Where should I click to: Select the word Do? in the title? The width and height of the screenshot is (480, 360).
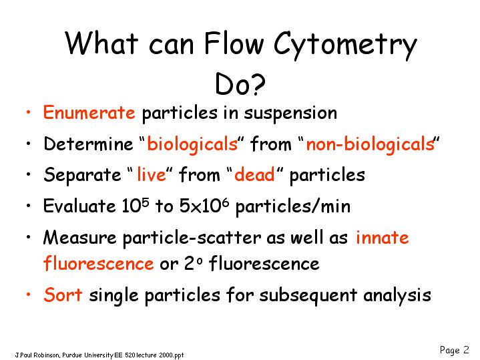pyautogui.click(x=240, y=83)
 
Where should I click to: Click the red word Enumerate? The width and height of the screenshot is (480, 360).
pyautogui.click(x=89, y=112)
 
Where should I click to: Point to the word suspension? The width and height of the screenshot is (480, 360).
pyautogui.click(x=290, y=114)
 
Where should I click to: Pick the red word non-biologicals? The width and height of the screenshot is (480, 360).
pyautogui.click(x=371, y=144)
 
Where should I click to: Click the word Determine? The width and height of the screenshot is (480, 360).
pyautogui.click(x=89, y=144)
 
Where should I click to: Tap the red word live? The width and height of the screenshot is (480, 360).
pyautogui.click(x=152, y=174)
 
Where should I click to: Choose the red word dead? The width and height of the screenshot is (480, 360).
pyautogui.click(x=254, y=174)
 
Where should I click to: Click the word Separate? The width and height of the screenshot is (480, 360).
pyautogui.click(x=82, y=175)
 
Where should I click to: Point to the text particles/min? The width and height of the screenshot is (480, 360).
pyautogui.click(x=293, y=206)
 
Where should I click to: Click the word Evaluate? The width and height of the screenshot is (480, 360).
pyautogui.click(x=79, y=205)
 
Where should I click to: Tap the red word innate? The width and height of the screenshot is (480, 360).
pyautogui.click(x=383, y=237)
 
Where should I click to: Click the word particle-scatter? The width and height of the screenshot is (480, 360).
pyautogui.click(x=192, y=238)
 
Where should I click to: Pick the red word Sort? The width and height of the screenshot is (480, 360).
pyautogui.click(x=63, y=295)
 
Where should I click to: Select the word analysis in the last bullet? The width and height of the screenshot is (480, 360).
pyautogui.click(x=397, y=296)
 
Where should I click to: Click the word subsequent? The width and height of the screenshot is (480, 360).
pyautogui.click(x=308, y=296)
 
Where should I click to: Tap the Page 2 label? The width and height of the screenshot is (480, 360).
pyautogui.click(x=454, y=350)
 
